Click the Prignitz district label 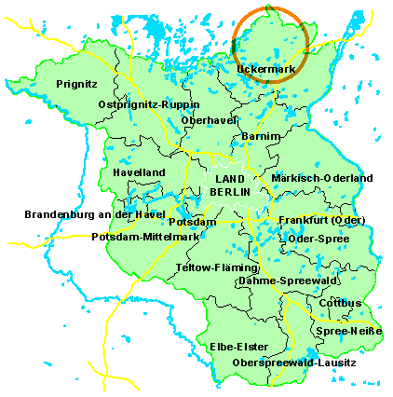(x=76, y=84)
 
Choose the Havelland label (x=139, y=173)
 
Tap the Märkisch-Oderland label (x=322, y=178)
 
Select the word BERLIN (x=229, y=191)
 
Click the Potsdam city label (x=192, y=222)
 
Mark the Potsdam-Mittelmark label (x=146, y=237)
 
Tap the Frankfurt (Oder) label (x=321, y=220)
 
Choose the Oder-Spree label (x=319, y=240)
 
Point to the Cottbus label (x=340, y=303)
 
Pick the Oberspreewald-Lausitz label (x=293, y=362)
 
